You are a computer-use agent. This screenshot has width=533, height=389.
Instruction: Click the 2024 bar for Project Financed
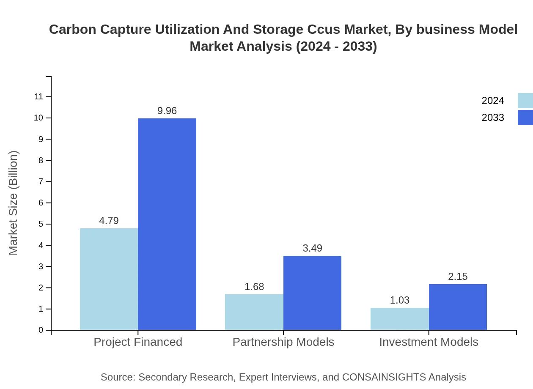coord(109,279)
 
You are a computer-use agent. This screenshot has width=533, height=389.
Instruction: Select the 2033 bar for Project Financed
coord(167,224)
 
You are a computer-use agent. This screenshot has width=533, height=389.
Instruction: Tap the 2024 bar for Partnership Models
coord(254,312)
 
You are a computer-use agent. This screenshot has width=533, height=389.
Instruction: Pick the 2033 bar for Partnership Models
coord(312,293)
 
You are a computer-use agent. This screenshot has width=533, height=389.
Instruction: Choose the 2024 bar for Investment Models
coord(399,319)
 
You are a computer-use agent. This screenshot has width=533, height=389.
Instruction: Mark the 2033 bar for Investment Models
coord(458,307)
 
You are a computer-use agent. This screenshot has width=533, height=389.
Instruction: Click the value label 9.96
coord(167,111)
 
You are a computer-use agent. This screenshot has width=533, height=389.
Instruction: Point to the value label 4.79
coord(109,221)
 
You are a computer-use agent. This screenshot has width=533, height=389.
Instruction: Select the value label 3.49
coord(312,248)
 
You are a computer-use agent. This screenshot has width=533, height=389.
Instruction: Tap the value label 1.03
coord(399,300)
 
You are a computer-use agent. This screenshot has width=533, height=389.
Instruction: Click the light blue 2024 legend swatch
coord(525,101)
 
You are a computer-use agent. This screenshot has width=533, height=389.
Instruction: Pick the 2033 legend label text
coord(493,118)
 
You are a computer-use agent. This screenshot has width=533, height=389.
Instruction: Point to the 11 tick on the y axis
coord(39,97)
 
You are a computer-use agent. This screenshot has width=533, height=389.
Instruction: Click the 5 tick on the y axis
coord(41,224)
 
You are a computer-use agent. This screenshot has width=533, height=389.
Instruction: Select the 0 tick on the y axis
coord(41,330)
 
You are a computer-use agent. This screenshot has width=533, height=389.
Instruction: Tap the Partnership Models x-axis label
coord(283,342)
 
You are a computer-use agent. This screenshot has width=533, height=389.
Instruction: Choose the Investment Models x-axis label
coord(429,342)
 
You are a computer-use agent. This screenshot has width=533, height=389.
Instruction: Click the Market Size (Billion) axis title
coord(14,203)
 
